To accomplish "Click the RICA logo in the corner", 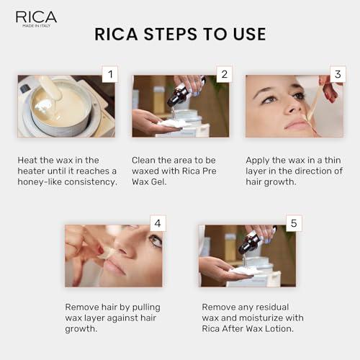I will coord(36,18).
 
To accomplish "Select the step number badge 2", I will coord(224,74).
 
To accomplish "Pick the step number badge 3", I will coord(337,74).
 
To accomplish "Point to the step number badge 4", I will coord(157,223).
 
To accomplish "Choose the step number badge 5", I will coord(293,223).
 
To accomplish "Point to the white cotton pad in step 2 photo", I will coord(171,123).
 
